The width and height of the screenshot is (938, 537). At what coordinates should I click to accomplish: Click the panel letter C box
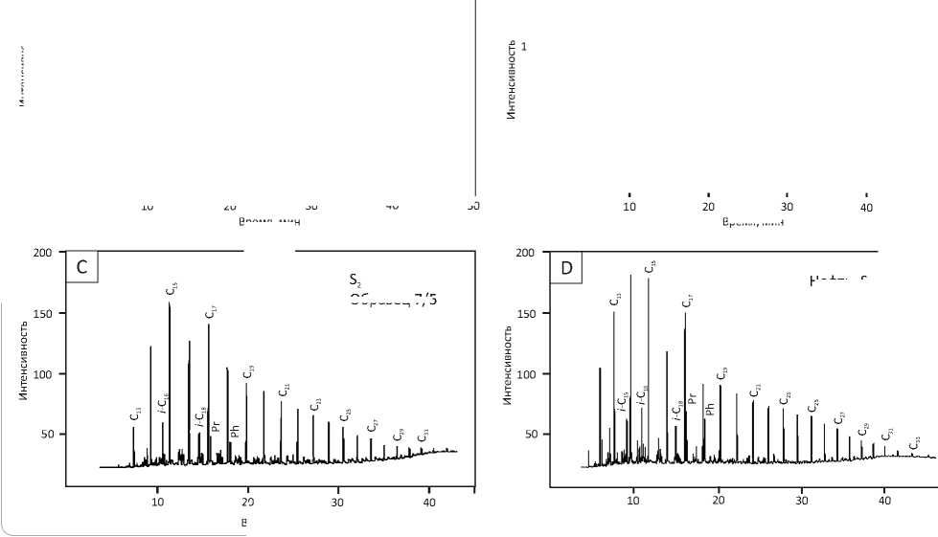pos(81,268)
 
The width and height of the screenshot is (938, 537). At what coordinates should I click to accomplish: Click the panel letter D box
pos(566,268)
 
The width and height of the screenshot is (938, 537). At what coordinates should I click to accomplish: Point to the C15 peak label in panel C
pos(171,289)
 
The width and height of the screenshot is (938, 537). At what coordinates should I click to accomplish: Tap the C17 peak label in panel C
pos(211,312)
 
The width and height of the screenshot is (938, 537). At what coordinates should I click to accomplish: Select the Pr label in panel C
pos(217,426)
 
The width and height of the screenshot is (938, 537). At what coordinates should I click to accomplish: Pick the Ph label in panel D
pos(710,409)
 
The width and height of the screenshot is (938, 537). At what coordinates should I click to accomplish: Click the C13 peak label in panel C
pos(136,414)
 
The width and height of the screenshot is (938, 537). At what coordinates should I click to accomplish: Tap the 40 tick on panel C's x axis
pos(429,501)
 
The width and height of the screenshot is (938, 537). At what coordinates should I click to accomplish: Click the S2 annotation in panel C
pos(354,280)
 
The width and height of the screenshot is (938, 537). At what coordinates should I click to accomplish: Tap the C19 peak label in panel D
pos(722,373)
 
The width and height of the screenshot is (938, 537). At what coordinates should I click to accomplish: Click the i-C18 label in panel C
pos(201,417)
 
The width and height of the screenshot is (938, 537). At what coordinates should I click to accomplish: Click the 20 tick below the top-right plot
pos(708,208)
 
